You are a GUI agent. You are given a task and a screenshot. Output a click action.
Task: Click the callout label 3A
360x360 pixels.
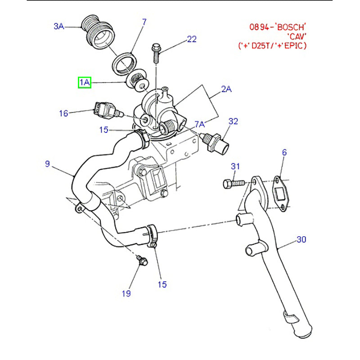tap(59, 27)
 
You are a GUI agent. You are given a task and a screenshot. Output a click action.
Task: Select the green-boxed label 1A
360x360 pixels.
tap(85, 82)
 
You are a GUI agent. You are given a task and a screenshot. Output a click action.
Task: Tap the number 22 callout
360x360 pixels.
tap(192, 39)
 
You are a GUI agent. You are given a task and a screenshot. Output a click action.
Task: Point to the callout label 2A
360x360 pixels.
tap(226, 89)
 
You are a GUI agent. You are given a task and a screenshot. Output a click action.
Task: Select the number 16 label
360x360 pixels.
tap(64, 113)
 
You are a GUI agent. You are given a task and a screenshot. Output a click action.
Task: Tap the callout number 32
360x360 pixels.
tap(233, 121)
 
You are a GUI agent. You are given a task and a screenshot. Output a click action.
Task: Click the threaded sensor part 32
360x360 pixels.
tap(216, 142)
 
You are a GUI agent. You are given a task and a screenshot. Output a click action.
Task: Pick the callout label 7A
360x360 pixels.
tap(199, 124)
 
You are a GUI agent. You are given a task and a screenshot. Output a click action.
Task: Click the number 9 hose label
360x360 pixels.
tap(47, 164)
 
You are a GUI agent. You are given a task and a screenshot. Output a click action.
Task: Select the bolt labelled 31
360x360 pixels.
tap(233, 184)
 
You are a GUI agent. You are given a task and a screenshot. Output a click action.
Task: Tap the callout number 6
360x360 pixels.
tap(284, 153)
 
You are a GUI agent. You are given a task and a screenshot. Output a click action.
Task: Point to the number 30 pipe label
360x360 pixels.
tap(301, 239)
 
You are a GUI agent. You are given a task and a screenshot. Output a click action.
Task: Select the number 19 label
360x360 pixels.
tap(126, 293)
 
